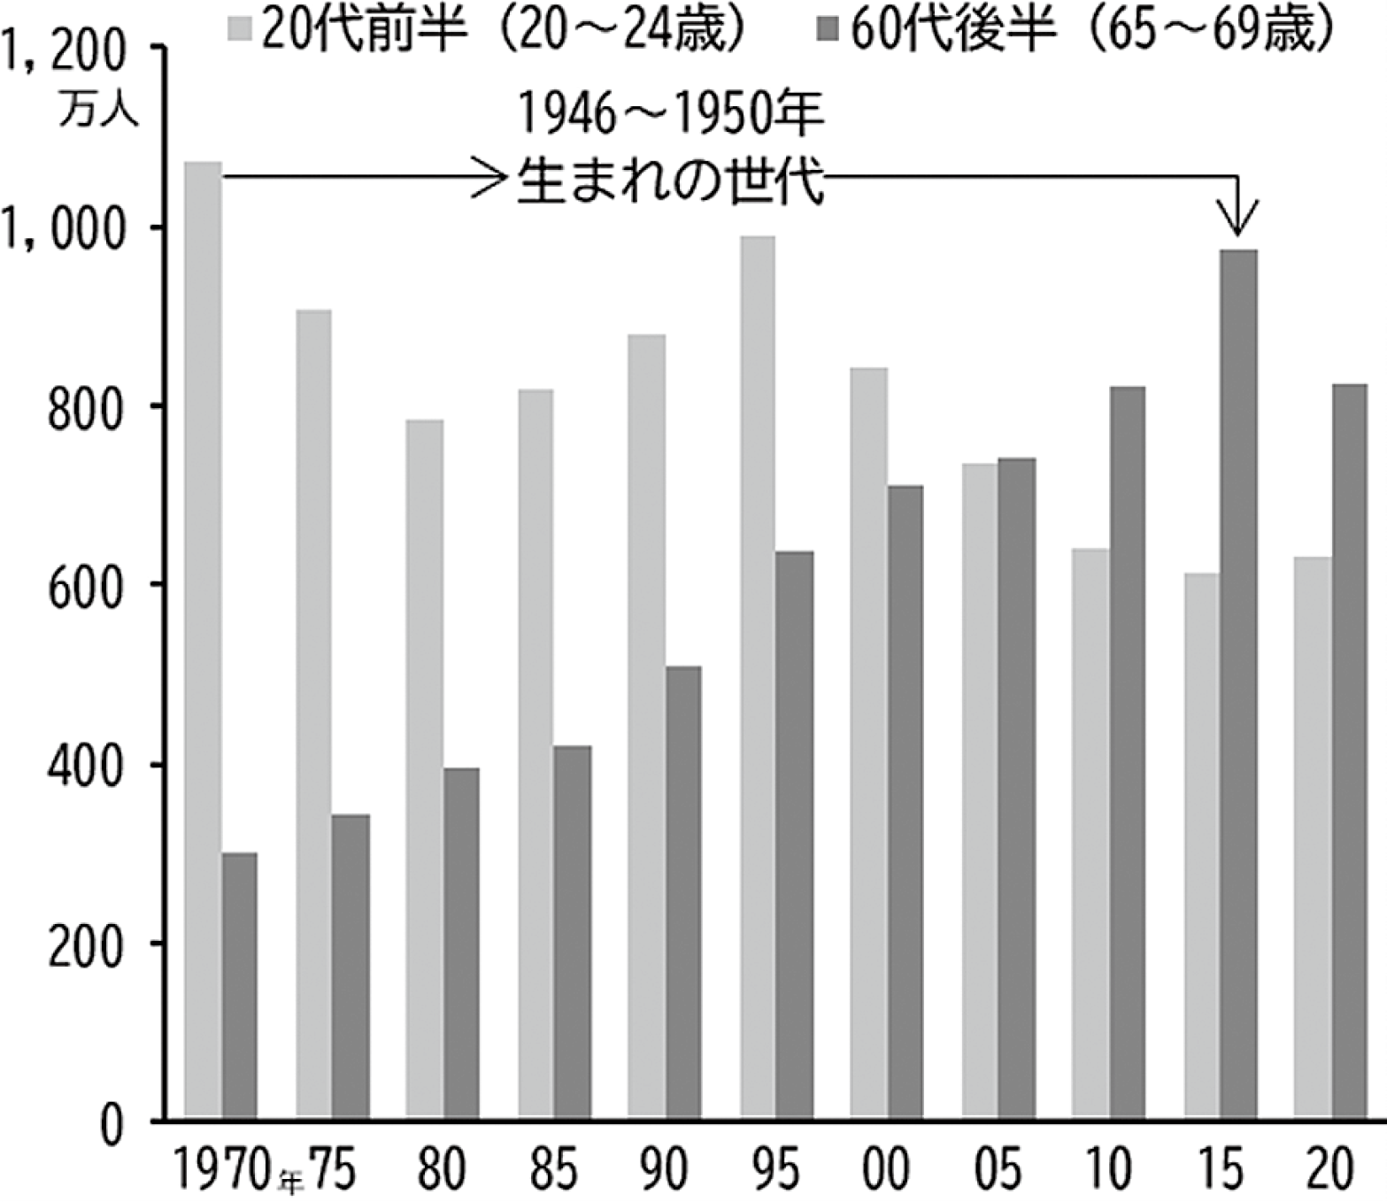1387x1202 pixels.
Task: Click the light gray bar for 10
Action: (1090, 832)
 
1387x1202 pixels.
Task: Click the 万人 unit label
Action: (99, 114)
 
